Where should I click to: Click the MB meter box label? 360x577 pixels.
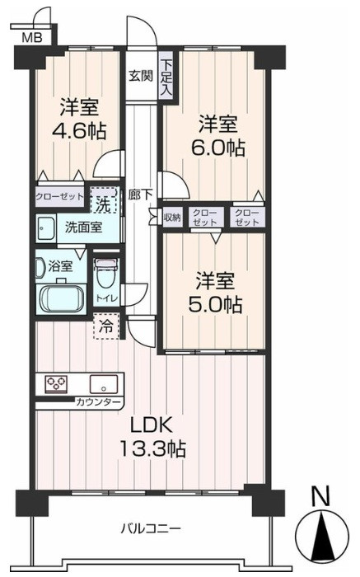(33, 37)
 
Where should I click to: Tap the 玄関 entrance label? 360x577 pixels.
(141, 76)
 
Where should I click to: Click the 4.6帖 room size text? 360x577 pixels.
(80, 130)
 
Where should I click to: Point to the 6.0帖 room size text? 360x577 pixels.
(217, 148)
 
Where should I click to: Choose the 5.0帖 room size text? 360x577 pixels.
(215, 304)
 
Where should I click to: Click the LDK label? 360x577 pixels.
(152, 425)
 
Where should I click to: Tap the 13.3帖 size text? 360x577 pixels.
(152, 449)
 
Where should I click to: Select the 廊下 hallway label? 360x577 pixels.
(141, 195)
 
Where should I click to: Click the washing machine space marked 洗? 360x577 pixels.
(104, 200)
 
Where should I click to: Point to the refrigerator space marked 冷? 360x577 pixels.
(106, 326)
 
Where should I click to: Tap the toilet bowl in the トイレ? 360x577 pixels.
(106, 274)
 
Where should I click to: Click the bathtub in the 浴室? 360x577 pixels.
(61, 298)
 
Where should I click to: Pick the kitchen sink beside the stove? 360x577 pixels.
(104, 384)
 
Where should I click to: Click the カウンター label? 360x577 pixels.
(98, 402)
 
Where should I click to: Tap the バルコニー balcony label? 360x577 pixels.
(151, 529)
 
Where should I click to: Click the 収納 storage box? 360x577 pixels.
(172, 218)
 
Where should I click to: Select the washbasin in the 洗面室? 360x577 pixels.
(45, 228)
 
